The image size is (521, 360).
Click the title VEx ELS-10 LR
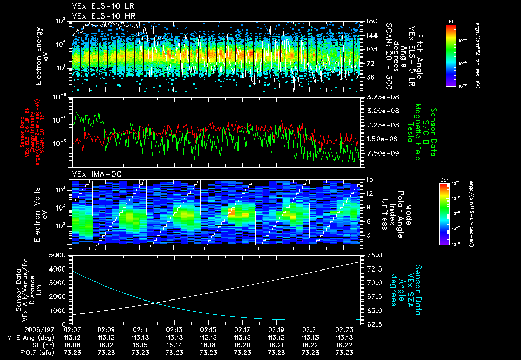[99, 7]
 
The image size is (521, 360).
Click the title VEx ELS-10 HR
[99, 15]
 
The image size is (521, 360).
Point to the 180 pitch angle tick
[371, 21]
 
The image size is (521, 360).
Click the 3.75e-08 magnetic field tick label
[382, 97]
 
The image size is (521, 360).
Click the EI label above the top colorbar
[450, 21]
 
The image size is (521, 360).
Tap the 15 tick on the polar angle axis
[369, 179]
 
